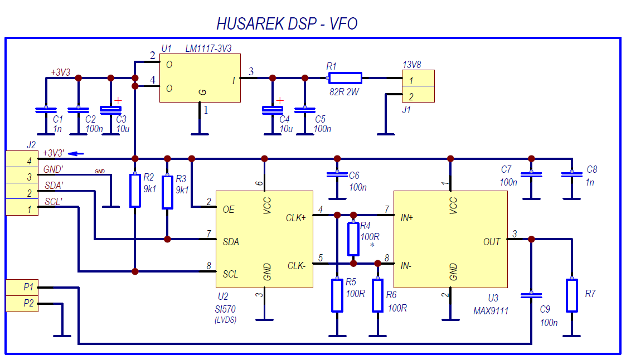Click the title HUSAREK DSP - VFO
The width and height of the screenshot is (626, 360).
coord(287,24)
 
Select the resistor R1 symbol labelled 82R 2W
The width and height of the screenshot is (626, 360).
coord(344,78)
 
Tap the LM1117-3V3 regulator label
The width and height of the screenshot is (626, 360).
coord(209,49)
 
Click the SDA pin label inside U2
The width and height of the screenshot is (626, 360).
coord(231,242)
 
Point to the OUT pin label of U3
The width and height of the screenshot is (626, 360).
coord(492,242)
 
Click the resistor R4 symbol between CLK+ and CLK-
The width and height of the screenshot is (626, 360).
coord(353,239)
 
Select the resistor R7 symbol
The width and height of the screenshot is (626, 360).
coord(571,295)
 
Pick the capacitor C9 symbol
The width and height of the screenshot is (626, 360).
coord(531,294)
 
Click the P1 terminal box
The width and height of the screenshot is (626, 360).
coord(22,288)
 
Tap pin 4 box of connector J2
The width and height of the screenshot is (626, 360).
coord(22,159)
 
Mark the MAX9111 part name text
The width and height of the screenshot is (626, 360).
coord(491,311)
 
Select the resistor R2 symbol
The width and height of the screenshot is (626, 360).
coord(134,191)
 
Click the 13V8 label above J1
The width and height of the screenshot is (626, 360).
coord(411,65)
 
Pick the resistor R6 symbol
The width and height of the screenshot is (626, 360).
coord(378,295)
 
